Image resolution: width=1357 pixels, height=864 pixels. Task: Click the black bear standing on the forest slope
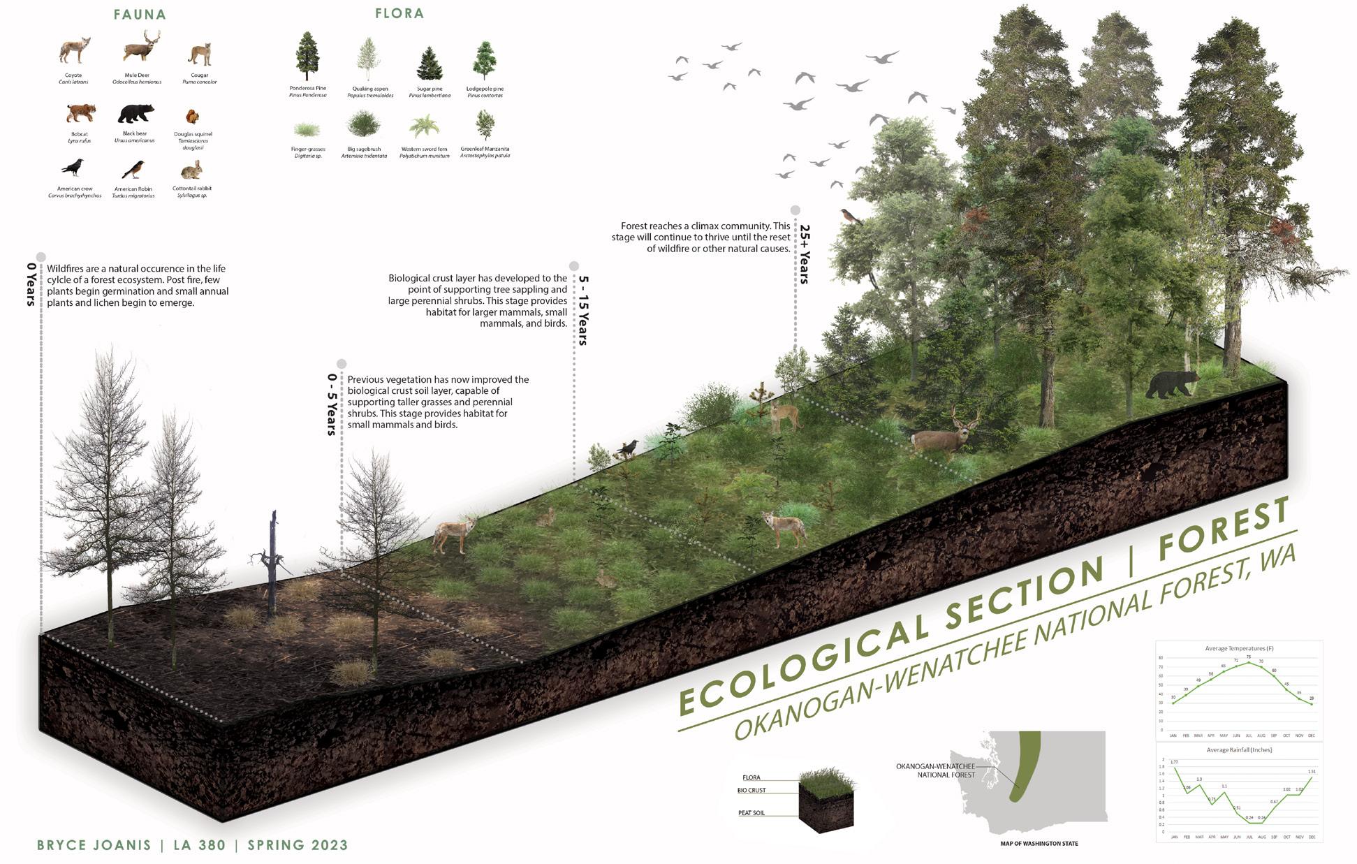pos(1171,384)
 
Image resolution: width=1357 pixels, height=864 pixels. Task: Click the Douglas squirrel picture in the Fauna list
pos(192,116)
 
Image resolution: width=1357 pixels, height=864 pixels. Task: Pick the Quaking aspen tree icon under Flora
pos(369,60)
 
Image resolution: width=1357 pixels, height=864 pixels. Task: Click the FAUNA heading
pos(140,14)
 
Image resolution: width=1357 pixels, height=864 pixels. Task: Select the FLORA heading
pos(399,13)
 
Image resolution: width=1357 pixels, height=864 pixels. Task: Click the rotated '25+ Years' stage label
pos(804,254)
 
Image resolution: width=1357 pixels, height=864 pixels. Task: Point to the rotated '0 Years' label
pos(31,284)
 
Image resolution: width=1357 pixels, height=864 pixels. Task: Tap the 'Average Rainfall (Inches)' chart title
pos(1238,749)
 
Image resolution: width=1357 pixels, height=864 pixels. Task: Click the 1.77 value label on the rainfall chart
pos(1173,762)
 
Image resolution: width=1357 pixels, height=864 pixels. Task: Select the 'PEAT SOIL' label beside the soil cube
pos(751,813)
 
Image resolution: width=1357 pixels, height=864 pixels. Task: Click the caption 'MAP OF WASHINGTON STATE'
pos(1039,844)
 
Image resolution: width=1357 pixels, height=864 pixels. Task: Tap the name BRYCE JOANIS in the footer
pos(94,845)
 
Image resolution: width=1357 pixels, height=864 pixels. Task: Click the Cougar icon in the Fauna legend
pos(200,54)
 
